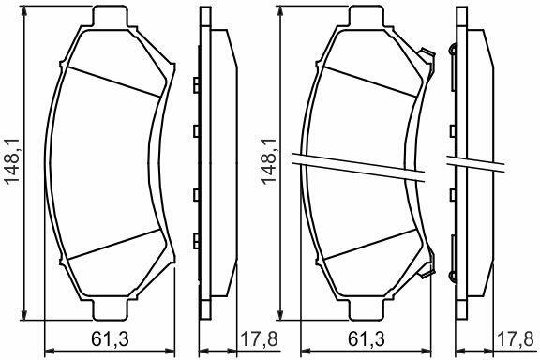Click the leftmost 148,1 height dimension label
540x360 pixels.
[x=12, y=162]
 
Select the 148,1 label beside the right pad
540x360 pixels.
[x=269, y=162]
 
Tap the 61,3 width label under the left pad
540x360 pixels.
[x=111, y=339]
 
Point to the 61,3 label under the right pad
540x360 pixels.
[x=366, y=339]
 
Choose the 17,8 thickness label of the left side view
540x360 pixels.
[x=259, y=339]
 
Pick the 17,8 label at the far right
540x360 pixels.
[x=516, y=339]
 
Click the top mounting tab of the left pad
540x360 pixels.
[x=111, y=16]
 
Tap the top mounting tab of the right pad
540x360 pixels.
[x=367, y=16]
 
